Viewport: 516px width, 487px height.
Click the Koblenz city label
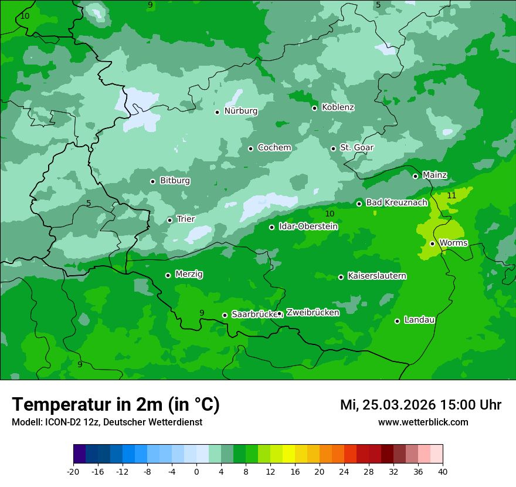(338, 107)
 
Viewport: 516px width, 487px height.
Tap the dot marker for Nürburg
(217, 112)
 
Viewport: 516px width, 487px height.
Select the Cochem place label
(274, 148)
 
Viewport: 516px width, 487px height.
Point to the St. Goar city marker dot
(333, 148)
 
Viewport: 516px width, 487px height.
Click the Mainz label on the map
(434, 175)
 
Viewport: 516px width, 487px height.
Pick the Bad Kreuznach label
(396, 203)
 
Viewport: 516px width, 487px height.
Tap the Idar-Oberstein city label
(308, 226)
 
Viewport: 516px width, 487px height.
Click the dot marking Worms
(432, 243)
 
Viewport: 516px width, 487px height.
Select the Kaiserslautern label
(376, 276)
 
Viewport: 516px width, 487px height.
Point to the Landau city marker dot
(397, 321)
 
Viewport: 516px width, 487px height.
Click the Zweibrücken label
(312, 313)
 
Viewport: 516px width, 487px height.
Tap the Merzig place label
(189, 274)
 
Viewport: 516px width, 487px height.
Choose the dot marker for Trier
(169, 220)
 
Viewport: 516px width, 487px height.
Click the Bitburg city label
(175, 181)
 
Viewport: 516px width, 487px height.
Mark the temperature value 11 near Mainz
(451, 195)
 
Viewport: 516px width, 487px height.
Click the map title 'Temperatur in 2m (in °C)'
(116, 405)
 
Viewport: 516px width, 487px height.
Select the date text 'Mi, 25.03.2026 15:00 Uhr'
(420, 405)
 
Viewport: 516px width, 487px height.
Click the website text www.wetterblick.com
(423, 422)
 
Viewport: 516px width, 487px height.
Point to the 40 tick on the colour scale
(443, 472)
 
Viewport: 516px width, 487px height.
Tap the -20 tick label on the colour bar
(73, 472)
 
